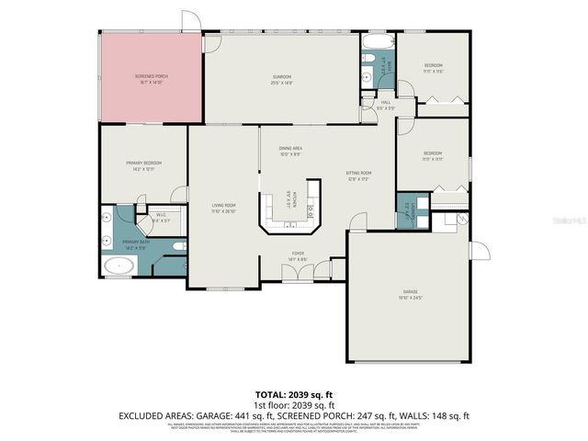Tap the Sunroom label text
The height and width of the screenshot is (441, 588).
(x=281, y=78)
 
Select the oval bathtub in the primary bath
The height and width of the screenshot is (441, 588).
(x=119, y=267)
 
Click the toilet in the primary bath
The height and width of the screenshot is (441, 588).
(x=178, y=245)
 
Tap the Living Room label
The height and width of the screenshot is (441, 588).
(x=224, y=207)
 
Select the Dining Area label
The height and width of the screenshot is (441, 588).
(x=291, y=150)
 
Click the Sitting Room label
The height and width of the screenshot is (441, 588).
(x=358, y=175)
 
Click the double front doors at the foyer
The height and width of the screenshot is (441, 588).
(x=298, y=273)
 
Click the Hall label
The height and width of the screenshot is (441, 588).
(x=385, y=104)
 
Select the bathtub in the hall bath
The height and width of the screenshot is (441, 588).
(x=377, y=40)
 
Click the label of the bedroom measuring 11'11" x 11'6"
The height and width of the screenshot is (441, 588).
(x=433, y=67)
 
